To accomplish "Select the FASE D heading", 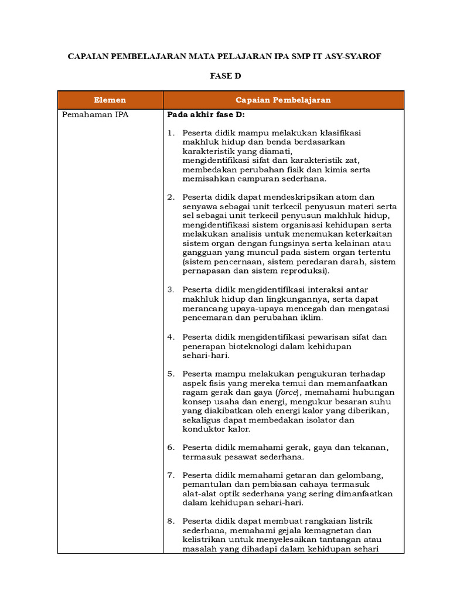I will click(x=226, y=76).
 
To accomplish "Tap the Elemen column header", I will click(x=110, y=100).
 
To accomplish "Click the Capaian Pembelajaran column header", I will click(x=283, y=100).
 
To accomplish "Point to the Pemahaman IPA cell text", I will click(x=95, y=115).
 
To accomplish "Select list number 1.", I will click(x=171, y=133).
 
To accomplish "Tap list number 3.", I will click(x=171, y=289).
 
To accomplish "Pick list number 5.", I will click(x=171, y=374).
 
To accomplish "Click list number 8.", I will click(x=171, y=521).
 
